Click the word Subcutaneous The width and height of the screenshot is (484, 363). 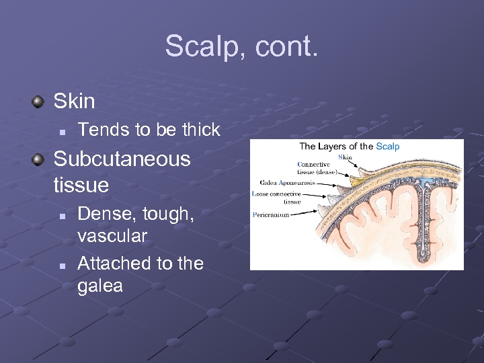(x=122, y=159)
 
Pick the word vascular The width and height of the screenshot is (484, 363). (x=112, y=237)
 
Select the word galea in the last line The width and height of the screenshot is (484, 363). (x=100, y=286)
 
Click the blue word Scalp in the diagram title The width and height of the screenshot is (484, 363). (x=388, y=147)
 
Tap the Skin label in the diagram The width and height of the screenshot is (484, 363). (x=345, y=157)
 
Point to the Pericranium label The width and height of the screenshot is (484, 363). (x=272, y=215)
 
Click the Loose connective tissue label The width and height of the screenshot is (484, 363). (x=279, y=198)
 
